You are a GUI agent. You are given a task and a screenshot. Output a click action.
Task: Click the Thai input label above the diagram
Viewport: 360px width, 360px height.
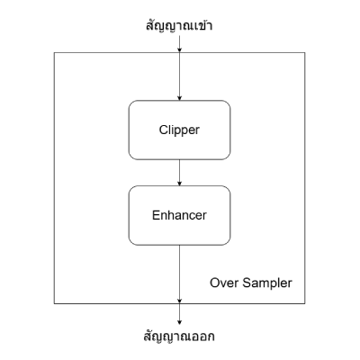click(180, 25)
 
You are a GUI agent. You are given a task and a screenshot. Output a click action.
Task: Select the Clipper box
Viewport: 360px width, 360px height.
click(180, 130)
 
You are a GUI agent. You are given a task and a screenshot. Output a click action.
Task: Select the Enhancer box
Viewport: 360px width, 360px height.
click(180, 216)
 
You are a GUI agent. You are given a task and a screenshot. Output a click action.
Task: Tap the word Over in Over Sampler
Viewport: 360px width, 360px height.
click(225, 283)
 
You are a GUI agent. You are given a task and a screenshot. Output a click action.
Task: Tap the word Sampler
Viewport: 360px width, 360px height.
click(267, 283)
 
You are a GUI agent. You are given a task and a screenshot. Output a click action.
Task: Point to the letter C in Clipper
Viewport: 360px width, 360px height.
click(159, 130)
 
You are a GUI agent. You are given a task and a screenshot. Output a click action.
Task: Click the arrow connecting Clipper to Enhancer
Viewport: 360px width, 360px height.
click(180, 171)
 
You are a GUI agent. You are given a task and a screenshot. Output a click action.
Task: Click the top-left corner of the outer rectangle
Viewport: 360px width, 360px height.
click(55, 52)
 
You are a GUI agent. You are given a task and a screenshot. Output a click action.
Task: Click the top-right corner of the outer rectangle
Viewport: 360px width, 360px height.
click(304, 52)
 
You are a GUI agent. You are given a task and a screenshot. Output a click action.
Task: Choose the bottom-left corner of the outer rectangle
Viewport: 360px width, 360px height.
click(55, 302)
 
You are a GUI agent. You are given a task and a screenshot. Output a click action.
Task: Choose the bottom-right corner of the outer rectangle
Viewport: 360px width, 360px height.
click(304, 302)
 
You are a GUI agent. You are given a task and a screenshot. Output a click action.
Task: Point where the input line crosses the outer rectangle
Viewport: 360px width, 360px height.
click(180, 52)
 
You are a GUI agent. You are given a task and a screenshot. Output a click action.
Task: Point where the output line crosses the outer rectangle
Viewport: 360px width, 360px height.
click(180, 302)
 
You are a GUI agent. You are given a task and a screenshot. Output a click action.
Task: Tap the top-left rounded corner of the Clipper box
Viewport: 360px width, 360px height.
click(132, 103)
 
